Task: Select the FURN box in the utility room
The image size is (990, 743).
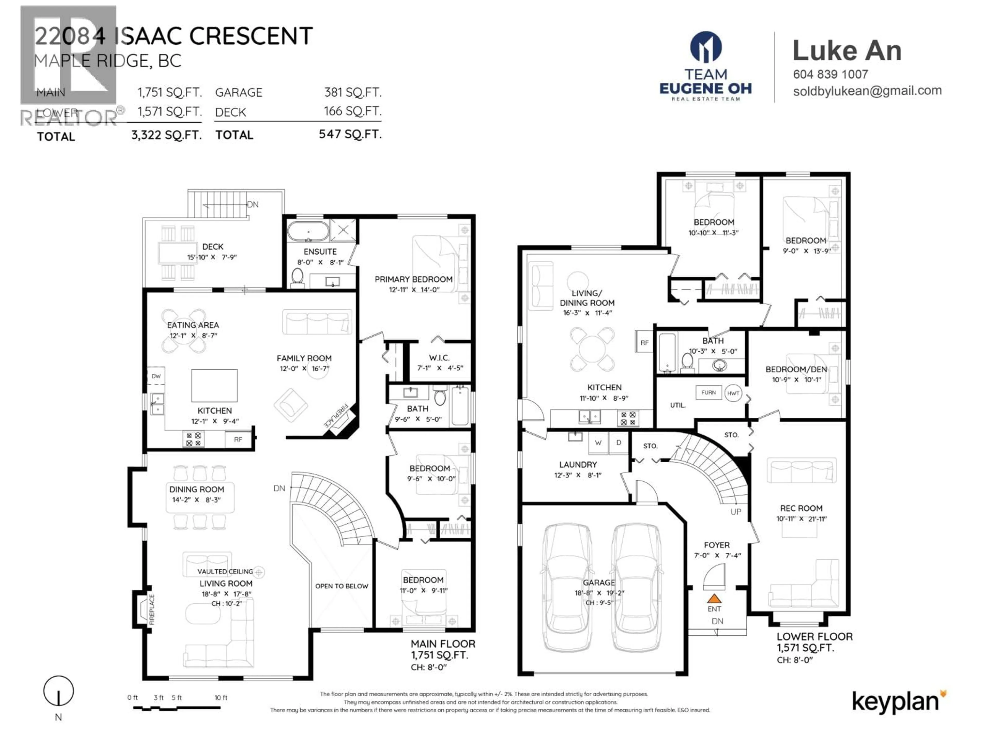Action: pyautogui.click(x=708, y=392)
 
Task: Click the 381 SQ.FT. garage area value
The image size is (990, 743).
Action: pyautogui.click(x=353, y=92)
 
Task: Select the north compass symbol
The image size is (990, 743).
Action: pyautogui.click(x=58, y=691)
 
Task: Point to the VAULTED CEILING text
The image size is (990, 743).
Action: pyautogui.click(x=225, y=571)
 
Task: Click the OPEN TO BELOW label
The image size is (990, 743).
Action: pyautogui.click(x=342, y=586)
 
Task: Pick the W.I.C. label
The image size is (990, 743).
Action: pyautogui.click(x=439, y=357)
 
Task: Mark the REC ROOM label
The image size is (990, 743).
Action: pyautogui.click(x=801, y=508)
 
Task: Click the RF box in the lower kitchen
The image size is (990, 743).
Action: pyautogui.click(x=644, y=343)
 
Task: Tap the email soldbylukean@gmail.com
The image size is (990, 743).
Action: pyautogui.click(x=867, y=91)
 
